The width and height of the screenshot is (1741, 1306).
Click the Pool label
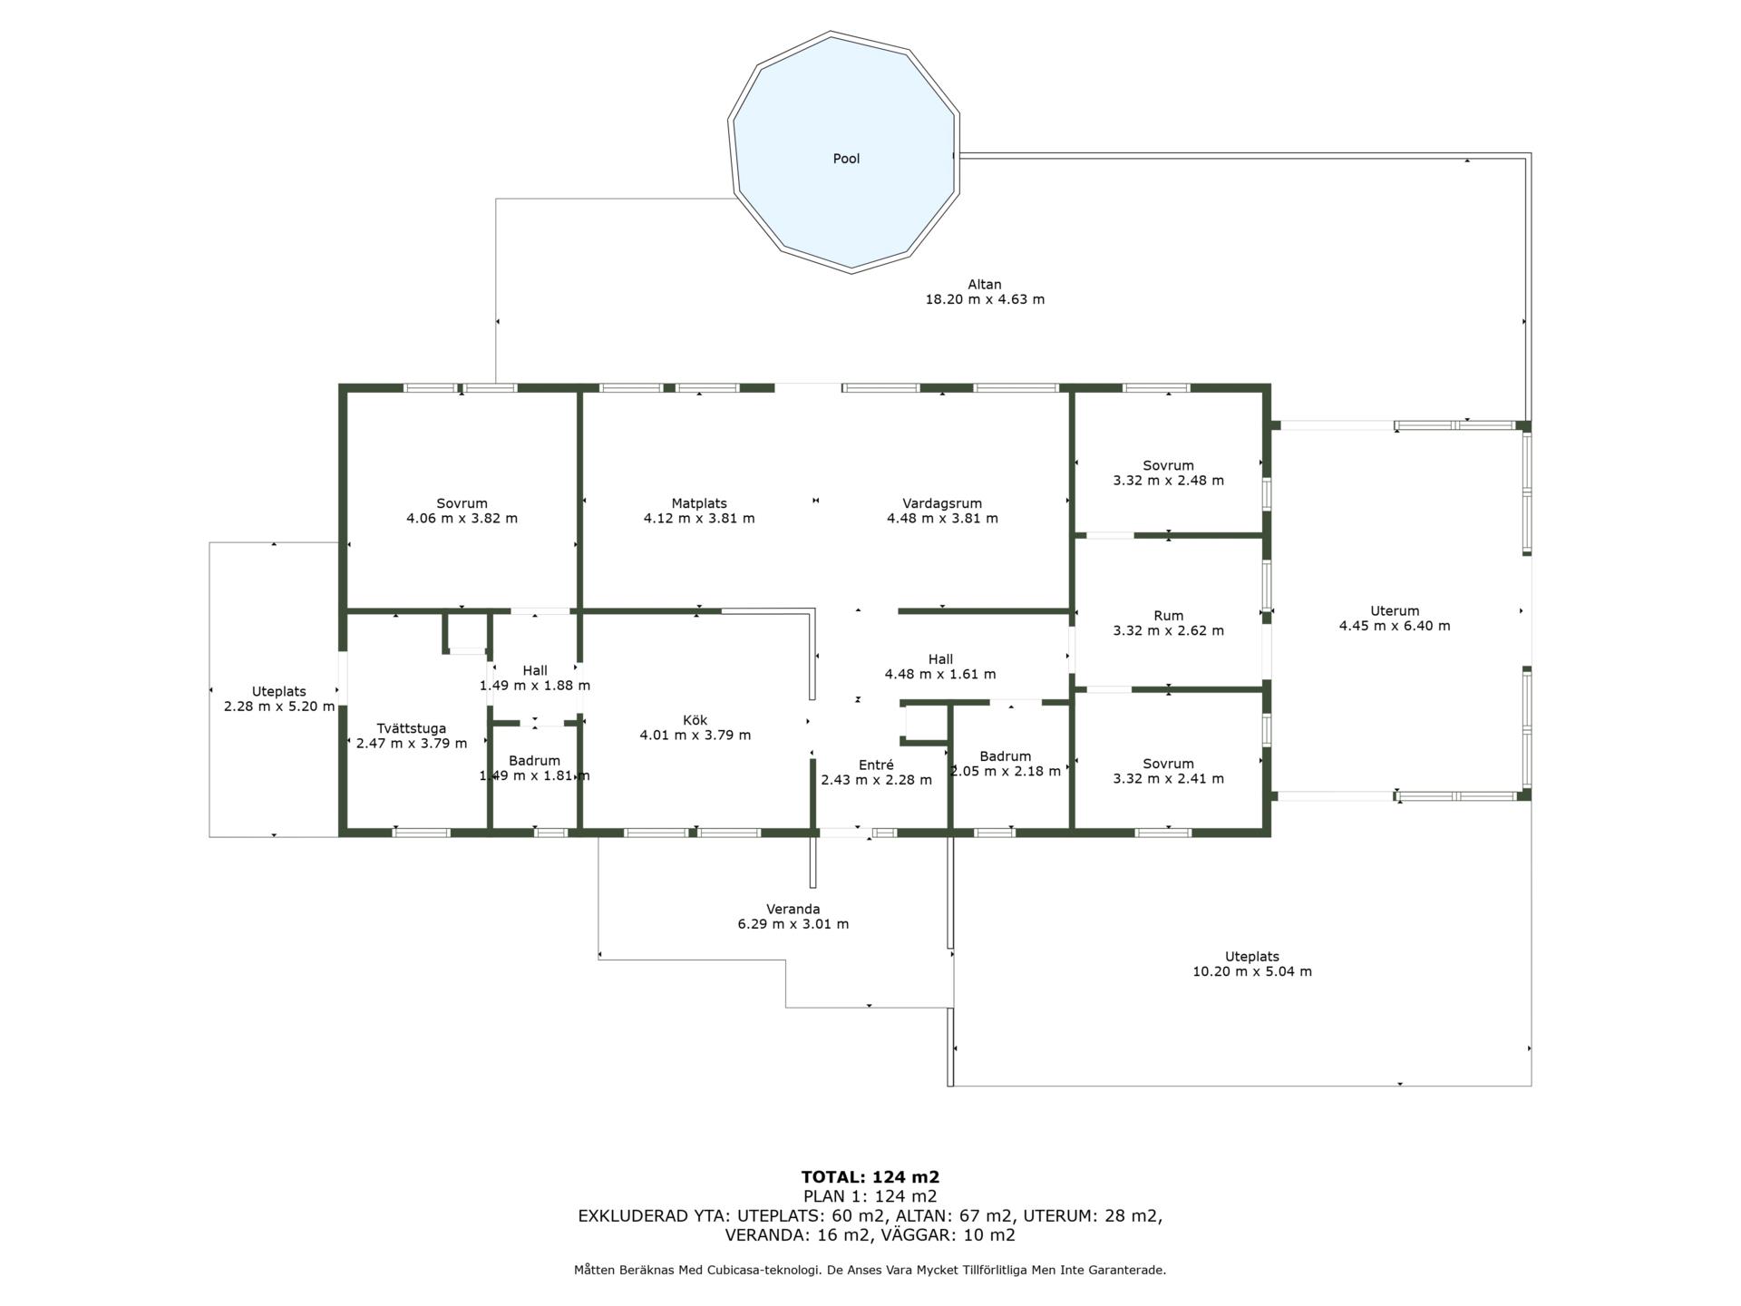point(846,159)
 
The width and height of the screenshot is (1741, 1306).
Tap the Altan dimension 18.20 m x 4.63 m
point(985,299)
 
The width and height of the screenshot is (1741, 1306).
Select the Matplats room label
point(699,503)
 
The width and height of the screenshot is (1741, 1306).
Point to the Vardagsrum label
point(942,503)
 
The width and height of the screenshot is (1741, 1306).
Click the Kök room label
point(695,720)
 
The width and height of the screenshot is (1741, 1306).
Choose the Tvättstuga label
point(412,728)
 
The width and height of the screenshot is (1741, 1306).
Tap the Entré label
point(877,765)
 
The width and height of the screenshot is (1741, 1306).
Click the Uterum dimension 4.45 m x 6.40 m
point(1395,626)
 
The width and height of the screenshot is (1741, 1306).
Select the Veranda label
point(793,909)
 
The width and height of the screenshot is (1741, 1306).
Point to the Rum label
point(1169,616)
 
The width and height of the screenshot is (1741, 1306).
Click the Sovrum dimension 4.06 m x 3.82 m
point(462,519)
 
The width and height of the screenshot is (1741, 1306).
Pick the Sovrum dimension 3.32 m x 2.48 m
point(1169,481)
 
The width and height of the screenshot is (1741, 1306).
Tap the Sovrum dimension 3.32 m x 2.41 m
point(1169,778)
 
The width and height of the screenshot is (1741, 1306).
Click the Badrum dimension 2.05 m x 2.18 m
point(1006,772)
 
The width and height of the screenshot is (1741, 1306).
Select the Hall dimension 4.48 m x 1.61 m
point(940,674)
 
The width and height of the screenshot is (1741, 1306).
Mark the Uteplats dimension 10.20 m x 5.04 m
point(1252,971)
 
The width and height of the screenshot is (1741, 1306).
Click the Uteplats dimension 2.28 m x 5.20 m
point(279,707)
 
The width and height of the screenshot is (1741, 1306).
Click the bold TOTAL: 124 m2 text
point(870,1177)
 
